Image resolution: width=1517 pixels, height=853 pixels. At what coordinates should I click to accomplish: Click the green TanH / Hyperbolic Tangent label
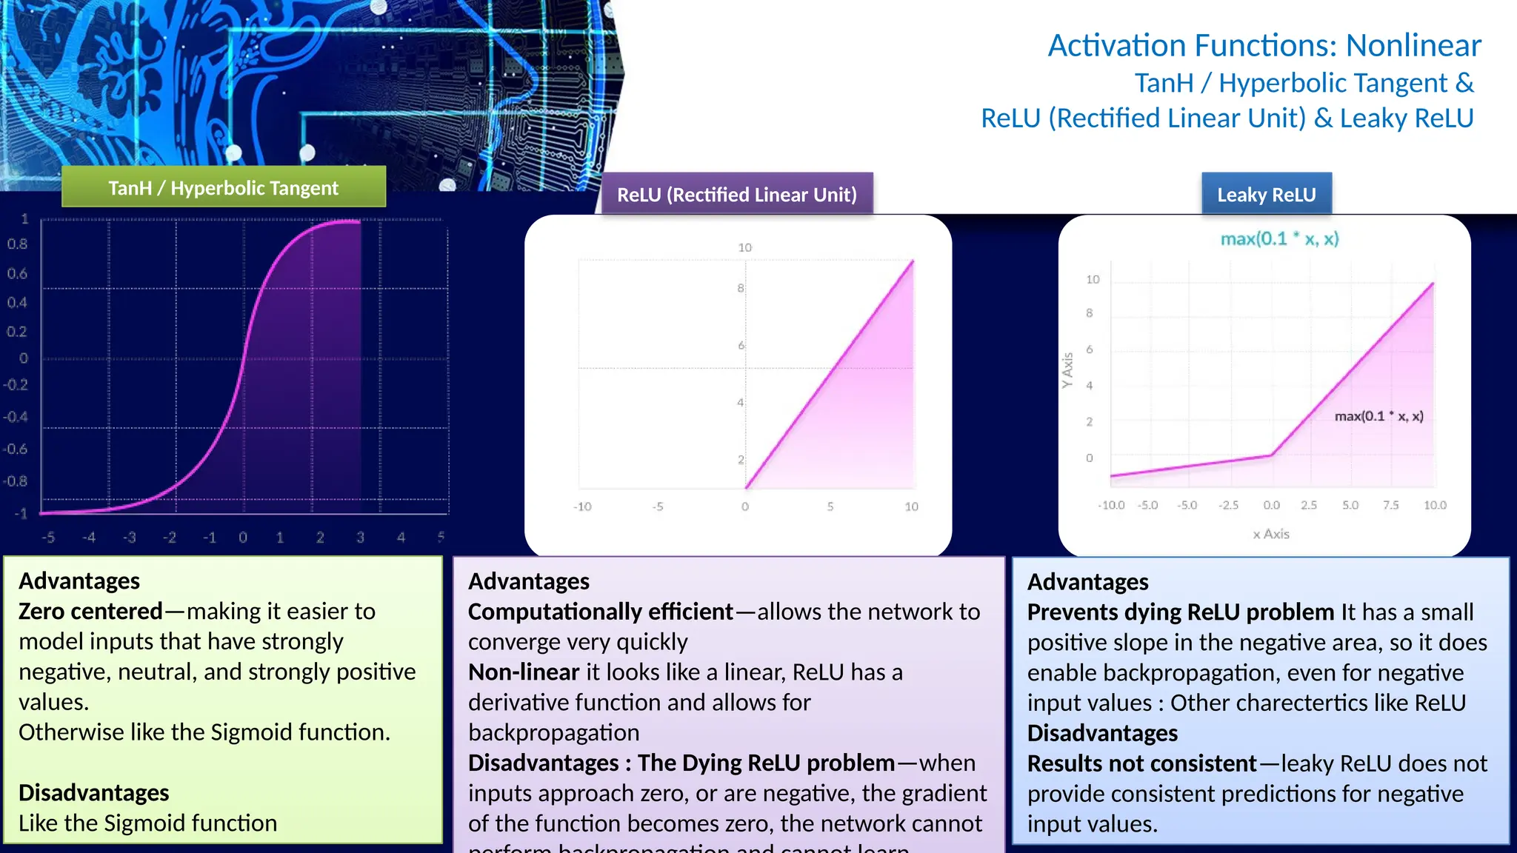223,187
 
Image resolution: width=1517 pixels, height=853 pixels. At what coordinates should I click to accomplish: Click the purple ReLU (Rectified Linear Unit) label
736,194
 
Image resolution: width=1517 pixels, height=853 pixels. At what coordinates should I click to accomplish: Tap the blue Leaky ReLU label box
1266,194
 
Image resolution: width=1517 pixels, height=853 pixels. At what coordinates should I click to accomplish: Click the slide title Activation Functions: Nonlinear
1264,45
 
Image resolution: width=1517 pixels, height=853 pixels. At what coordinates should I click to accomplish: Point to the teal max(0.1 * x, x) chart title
1279,238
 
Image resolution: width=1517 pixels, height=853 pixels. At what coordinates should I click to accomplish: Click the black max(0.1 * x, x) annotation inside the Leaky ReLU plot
1378,416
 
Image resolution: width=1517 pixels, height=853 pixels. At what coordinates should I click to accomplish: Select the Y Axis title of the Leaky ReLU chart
1067,370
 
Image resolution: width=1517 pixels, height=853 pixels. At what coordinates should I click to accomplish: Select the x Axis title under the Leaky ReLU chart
1271,534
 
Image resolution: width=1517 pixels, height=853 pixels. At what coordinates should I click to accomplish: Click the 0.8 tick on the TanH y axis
18,244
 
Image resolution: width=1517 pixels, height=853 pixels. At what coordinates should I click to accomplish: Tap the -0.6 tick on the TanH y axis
15,449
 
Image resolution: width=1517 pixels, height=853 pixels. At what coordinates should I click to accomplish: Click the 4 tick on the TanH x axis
401,538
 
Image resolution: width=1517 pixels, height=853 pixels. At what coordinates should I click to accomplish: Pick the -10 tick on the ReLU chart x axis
582,506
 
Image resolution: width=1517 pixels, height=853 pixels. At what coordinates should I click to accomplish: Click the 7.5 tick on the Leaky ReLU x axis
1390,505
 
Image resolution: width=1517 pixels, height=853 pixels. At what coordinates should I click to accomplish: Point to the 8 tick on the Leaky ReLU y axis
1089,313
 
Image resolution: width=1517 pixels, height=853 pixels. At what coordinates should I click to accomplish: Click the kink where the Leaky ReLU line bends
1271,455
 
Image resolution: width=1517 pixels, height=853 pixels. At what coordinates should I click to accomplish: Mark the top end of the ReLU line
913,261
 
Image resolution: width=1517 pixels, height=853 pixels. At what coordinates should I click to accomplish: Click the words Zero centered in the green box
90,611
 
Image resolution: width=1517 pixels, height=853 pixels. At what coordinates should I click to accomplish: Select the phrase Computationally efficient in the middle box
600,612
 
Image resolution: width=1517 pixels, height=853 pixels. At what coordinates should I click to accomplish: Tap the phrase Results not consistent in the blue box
1141,763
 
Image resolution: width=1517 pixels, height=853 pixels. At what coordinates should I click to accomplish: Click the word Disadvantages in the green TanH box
94,792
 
